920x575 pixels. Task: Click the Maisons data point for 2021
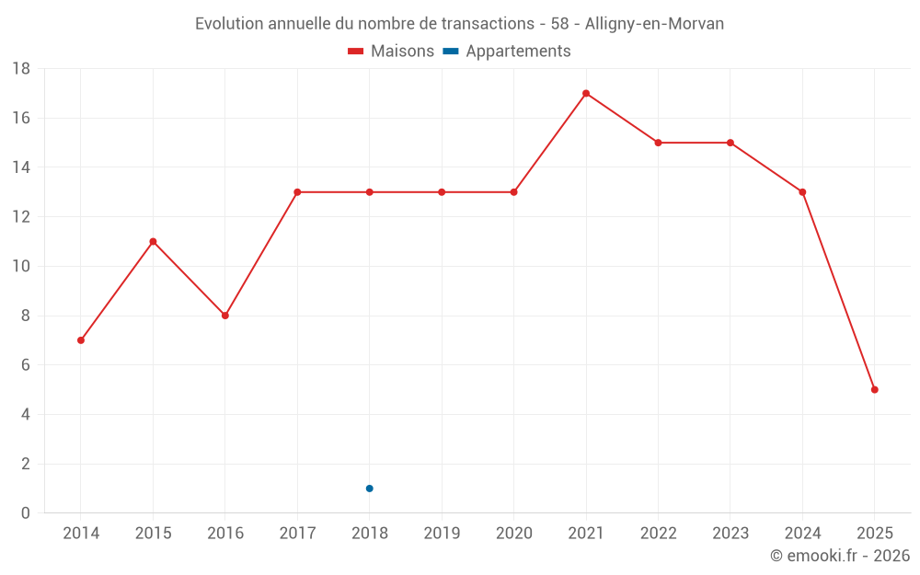click(586, 93)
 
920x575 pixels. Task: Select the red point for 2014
click(81, 340)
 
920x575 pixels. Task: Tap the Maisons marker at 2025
click(875, 390)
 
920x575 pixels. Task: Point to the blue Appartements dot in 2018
click(370, 489)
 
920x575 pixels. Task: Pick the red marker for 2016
click(225, 316)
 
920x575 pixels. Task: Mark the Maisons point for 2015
click(153, 242)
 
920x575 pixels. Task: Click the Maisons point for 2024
click(802, 192)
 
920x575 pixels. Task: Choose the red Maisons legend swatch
click(356, 52)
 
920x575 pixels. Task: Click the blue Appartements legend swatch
click(451, 52)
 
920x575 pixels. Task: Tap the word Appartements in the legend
click(518, 52)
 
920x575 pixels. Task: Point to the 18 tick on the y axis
click(21, 69)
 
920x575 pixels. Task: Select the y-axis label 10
click(21, 267)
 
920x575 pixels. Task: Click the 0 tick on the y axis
click(26, 513)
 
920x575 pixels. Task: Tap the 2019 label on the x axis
click(442, 534)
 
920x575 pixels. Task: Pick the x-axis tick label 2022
click(658, 534)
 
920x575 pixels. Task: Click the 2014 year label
click(81, 534)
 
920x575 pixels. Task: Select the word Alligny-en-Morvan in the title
click(654, 24)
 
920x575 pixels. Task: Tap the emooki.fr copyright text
click(840, 556)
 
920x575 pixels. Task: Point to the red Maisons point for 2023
click(730, 143)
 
